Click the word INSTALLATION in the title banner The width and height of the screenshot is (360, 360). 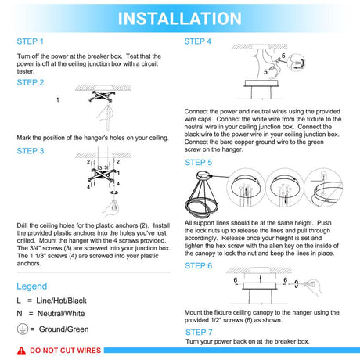tap(179, 18)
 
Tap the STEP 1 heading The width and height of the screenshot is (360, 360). tap(31, 41)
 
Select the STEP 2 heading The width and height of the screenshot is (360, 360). tap(31, 81)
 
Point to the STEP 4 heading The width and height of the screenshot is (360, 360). tap(198, 41)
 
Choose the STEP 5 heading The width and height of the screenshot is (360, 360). tap(198, 163)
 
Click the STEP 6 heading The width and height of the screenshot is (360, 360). tap(198, 265)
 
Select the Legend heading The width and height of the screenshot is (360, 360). tap(32, 286)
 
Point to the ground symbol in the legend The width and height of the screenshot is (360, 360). tap(23, 329)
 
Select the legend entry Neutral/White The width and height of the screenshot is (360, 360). tap(59, 315)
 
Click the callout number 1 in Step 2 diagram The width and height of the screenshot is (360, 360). tap(57, 100)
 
